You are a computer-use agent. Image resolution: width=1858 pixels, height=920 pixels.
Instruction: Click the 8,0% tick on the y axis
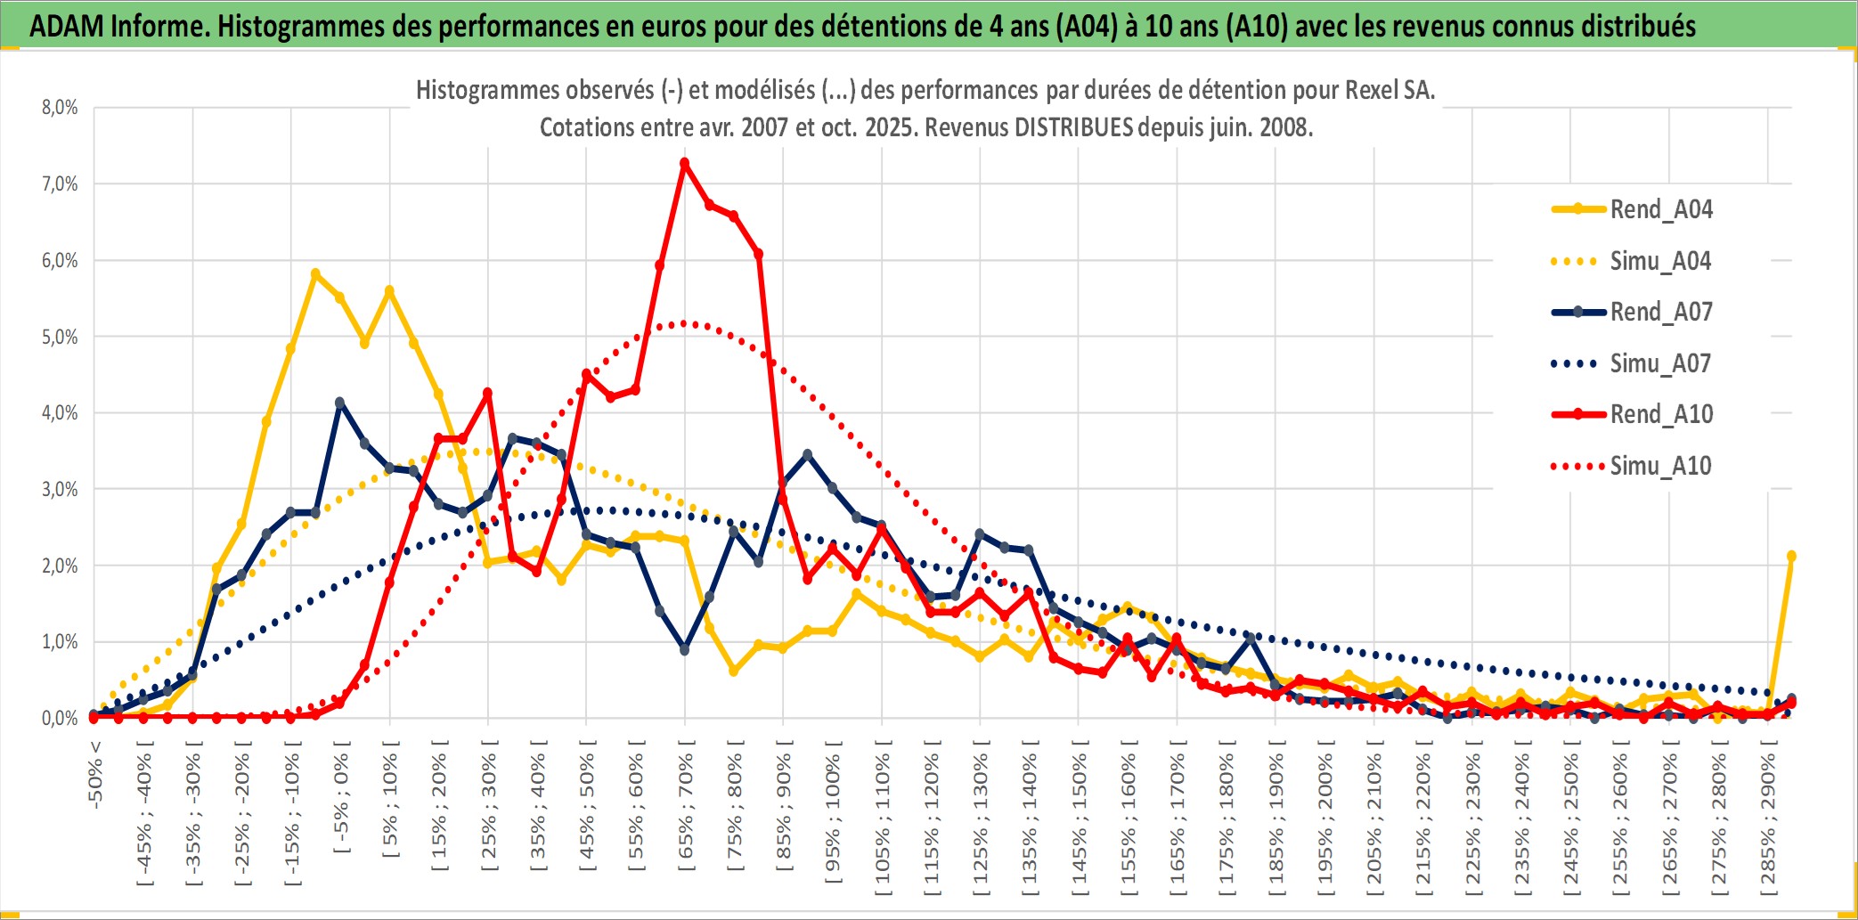point(60,108)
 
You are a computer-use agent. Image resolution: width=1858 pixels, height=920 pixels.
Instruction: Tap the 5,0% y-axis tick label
point(60,337)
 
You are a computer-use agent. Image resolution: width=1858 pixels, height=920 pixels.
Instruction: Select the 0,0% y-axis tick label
point(60,718)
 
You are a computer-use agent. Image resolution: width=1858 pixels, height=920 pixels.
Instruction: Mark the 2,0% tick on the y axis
point(60,566)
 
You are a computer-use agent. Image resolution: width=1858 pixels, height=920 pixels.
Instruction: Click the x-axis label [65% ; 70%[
point(685,807)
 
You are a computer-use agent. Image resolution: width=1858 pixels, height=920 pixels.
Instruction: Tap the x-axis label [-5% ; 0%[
point(341,796)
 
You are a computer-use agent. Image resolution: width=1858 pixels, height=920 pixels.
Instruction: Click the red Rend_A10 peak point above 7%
point(684,163)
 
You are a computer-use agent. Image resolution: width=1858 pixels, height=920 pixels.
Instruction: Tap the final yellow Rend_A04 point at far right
point(1791,556)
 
